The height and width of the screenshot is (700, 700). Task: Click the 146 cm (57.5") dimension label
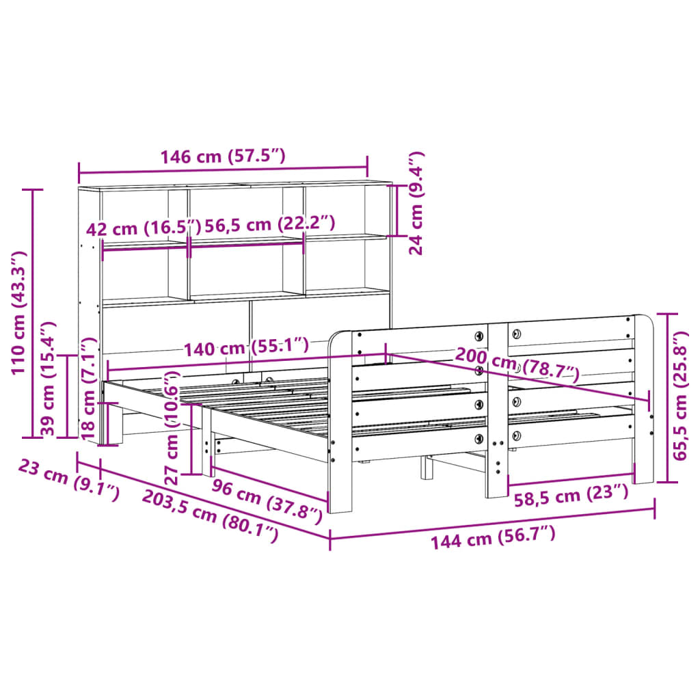(222, 157)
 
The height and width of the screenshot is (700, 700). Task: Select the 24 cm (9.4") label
(416, 203)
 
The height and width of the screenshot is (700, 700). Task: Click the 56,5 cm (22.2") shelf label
(262, 224)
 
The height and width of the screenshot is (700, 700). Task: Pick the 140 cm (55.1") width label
(246, 348)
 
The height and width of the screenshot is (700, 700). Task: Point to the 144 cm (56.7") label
(493, 537)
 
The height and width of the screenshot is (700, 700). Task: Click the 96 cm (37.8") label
(267, 499)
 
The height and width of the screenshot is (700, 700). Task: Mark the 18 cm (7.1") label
(88, 387)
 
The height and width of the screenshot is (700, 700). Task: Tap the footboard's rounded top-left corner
(336, 339)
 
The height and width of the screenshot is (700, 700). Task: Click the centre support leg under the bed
(427, 468)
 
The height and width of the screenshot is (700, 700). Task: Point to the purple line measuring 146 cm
(222, 168)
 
